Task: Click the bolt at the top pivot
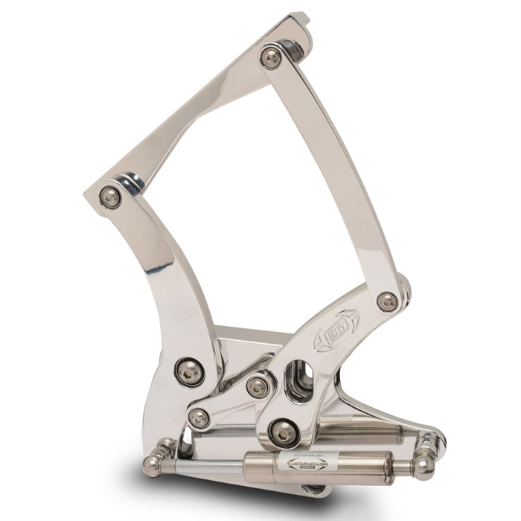click(272, 57)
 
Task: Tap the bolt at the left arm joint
click(110, 196)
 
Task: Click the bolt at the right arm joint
click(387, 301)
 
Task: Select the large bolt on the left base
click(191, 371)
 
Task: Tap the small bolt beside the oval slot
click(258, 386)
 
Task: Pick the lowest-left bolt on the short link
click(199, 418)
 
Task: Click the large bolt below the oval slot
click(284, 431)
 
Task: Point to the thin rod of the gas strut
click(216, 466)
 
